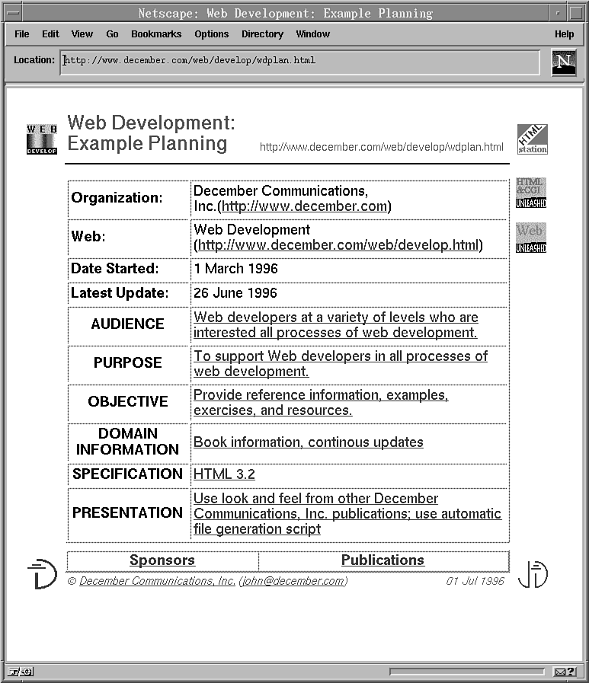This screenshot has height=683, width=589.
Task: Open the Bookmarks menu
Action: click(156, 34)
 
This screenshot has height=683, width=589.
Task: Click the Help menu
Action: click(564, 34)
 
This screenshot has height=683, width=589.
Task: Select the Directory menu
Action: click(262, 34)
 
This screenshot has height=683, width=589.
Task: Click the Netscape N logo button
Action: click(564, 62)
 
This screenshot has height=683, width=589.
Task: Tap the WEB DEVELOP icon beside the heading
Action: click(42, 139)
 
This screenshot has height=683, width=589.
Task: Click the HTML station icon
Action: click(532, 139)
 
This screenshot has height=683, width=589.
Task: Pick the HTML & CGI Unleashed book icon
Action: click(531, 193)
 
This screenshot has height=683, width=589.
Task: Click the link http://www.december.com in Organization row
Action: click(305, 206)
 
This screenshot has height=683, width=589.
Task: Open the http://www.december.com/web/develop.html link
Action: click(338, 245)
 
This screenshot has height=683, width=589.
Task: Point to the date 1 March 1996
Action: click(235, 269)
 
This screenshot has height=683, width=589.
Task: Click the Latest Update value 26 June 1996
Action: click(235, 293)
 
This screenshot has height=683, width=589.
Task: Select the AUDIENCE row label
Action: click(127, 324)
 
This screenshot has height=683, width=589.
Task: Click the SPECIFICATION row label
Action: click(127, 474)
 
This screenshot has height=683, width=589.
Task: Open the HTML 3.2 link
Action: click(224, 474)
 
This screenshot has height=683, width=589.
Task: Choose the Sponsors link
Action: click(162, 560)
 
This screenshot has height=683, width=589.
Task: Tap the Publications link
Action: click(383, 560)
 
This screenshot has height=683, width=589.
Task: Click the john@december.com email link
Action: click(293, 581)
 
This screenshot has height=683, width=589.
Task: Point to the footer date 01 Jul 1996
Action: click(475, 581)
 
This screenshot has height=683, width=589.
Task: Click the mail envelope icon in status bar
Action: click(559, 672)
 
